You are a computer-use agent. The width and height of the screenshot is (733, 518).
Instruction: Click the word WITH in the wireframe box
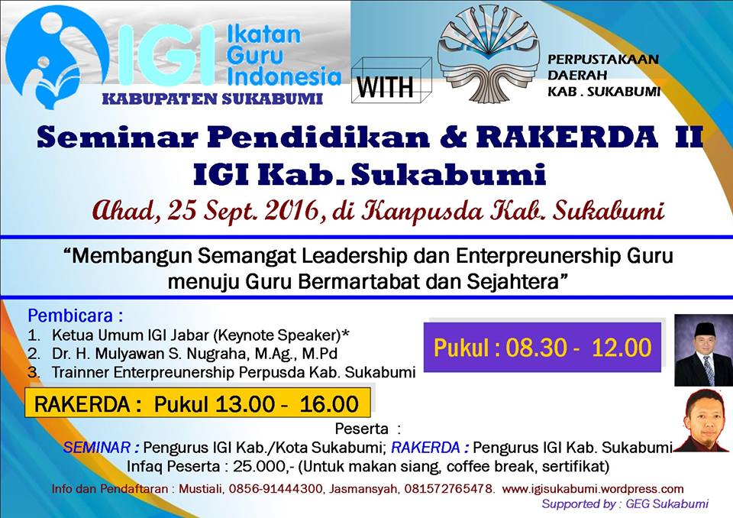pos(385,86)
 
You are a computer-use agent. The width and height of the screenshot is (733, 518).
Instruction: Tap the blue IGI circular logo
pos(56,59)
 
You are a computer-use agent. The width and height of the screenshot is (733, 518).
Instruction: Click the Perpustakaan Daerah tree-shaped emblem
pos(488,55)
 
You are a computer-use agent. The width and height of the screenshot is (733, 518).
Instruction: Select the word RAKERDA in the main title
pos(567,137)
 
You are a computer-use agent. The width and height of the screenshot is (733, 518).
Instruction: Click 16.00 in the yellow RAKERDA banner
pos(329,404)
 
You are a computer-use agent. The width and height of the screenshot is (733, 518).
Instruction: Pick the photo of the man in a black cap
pos(703,350)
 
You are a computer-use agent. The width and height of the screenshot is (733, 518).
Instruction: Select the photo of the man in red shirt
pos(703,419)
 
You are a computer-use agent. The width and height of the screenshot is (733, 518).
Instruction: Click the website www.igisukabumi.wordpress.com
pos(593,489)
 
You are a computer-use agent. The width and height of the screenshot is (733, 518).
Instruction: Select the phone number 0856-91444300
pos(276,489)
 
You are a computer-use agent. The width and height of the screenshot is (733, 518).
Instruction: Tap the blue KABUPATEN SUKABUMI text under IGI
pos(213,99)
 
